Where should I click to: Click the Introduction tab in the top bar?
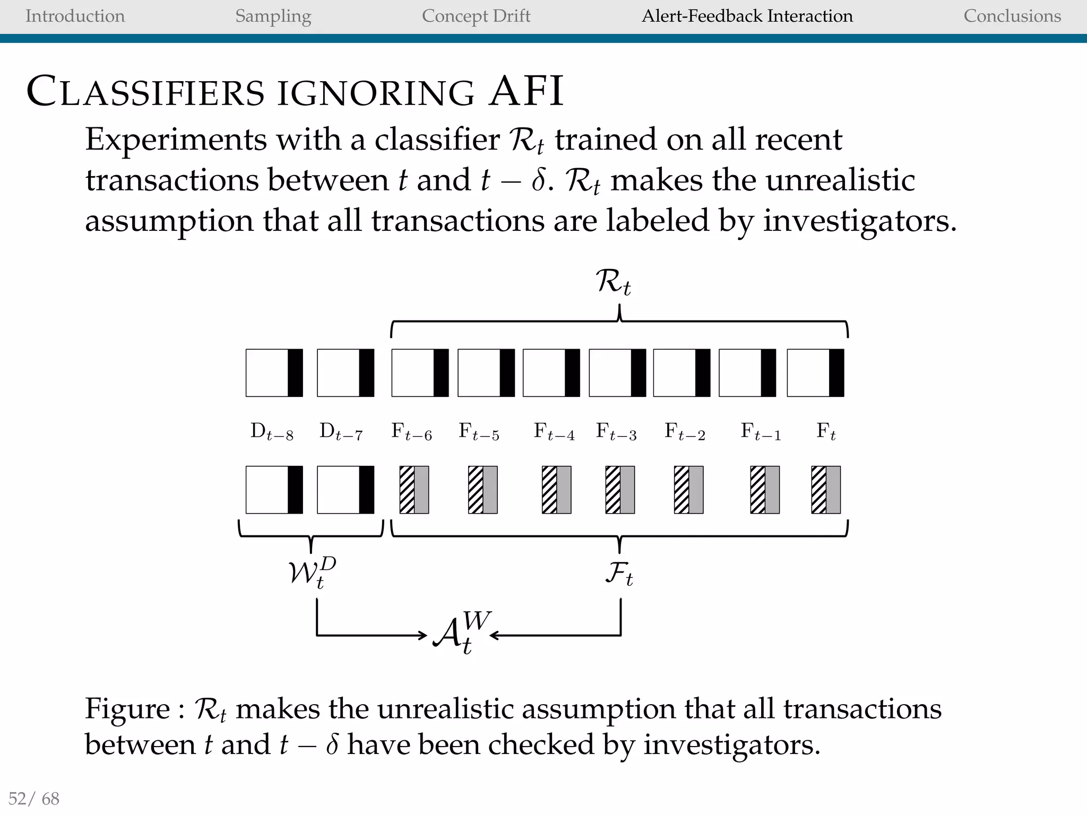click(x=75, y=16)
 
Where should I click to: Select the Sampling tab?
click(x=273, y=16)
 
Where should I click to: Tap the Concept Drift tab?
click(x=476, y=16)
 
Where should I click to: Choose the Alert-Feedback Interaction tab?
click(x=747, y=16)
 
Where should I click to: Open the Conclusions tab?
click(x=1012, y=16)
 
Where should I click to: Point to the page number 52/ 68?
click(x=34, y=798)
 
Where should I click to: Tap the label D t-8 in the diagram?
click(x=272, y=431)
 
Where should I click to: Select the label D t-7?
click(x=341, y=431)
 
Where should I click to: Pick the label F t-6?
click(x=411, y=431)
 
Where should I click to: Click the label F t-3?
click(x=616, y=431)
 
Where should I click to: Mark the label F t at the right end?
click(x=825, y=431)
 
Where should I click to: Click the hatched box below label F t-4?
click(x=556, y=490)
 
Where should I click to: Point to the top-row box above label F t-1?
click(x=747, y=373)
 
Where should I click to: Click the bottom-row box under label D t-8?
click(x=274, y=490)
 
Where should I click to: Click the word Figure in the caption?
click(x=127, y=709)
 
